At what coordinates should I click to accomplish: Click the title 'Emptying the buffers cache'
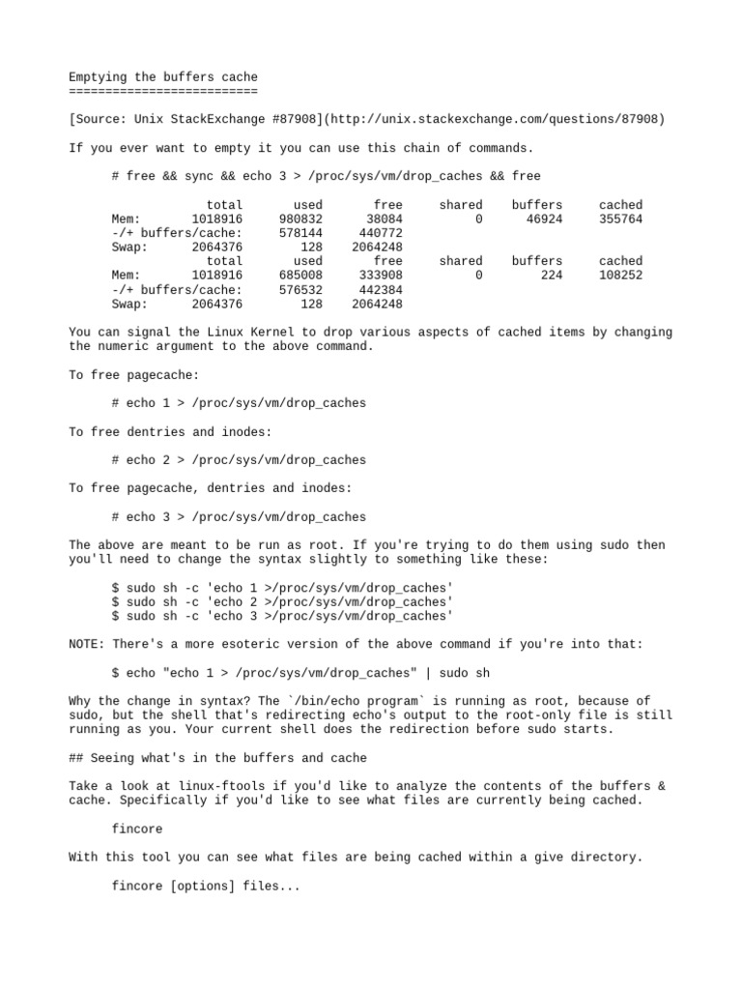tap(163, 76)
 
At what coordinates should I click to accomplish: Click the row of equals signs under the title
tap(163, 90)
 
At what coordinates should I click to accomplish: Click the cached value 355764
tap(620, 219)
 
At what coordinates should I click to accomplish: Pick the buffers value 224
tap(552, 276)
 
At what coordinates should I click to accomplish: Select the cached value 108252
tap(620, 276)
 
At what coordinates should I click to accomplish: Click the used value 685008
tap(300, 276)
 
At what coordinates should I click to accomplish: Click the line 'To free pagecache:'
tap(134, 374)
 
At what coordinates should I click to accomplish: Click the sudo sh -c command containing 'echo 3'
tap(282, 616)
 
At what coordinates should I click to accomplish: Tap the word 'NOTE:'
tap(87, 644)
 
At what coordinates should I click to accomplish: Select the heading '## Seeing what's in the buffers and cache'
tap(217, 758)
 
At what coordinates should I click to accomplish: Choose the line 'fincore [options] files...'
tap(206, 886)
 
